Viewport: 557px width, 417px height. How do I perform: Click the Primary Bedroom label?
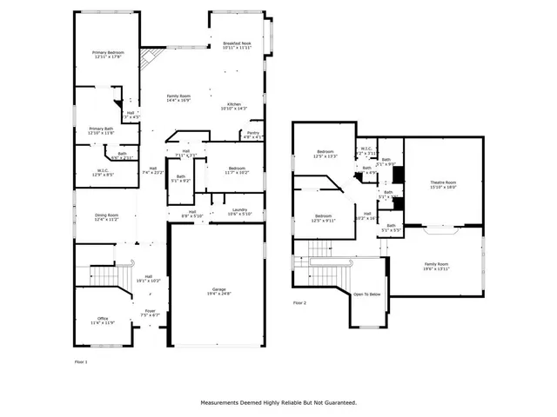(109, 55)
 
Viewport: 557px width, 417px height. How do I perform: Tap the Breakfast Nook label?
(237, 45)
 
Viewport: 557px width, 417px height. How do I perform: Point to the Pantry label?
(252, 136)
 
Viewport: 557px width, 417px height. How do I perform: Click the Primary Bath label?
(101, 131)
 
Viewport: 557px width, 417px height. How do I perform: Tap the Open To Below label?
(366, 295)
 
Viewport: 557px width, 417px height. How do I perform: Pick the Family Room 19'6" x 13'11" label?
(436, 266)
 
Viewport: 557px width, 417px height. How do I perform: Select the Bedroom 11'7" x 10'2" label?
(238, 170)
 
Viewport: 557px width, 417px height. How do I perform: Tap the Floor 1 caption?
(80, 361)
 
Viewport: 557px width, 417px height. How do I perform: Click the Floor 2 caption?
(299, 303)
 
